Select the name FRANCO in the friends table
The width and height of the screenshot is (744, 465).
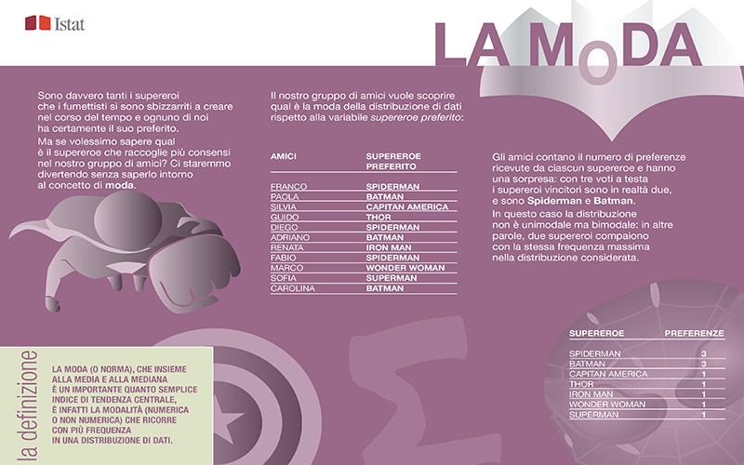[287, 187]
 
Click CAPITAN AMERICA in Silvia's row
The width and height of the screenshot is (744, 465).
[405, 207]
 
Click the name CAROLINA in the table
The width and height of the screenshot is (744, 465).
[292, 288]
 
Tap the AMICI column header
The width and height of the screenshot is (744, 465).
[283, 155]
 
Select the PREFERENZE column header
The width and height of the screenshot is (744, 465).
[694, 333]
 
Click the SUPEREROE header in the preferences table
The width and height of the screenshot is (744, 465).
[595, 333]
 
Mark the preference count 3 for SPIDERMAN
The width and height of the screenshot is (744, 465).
[704, 354]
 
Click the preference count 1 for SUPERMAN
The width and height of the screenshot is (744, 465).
[704, 415]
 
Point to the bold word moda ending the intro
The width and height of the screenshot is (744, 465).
[117, 185]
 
